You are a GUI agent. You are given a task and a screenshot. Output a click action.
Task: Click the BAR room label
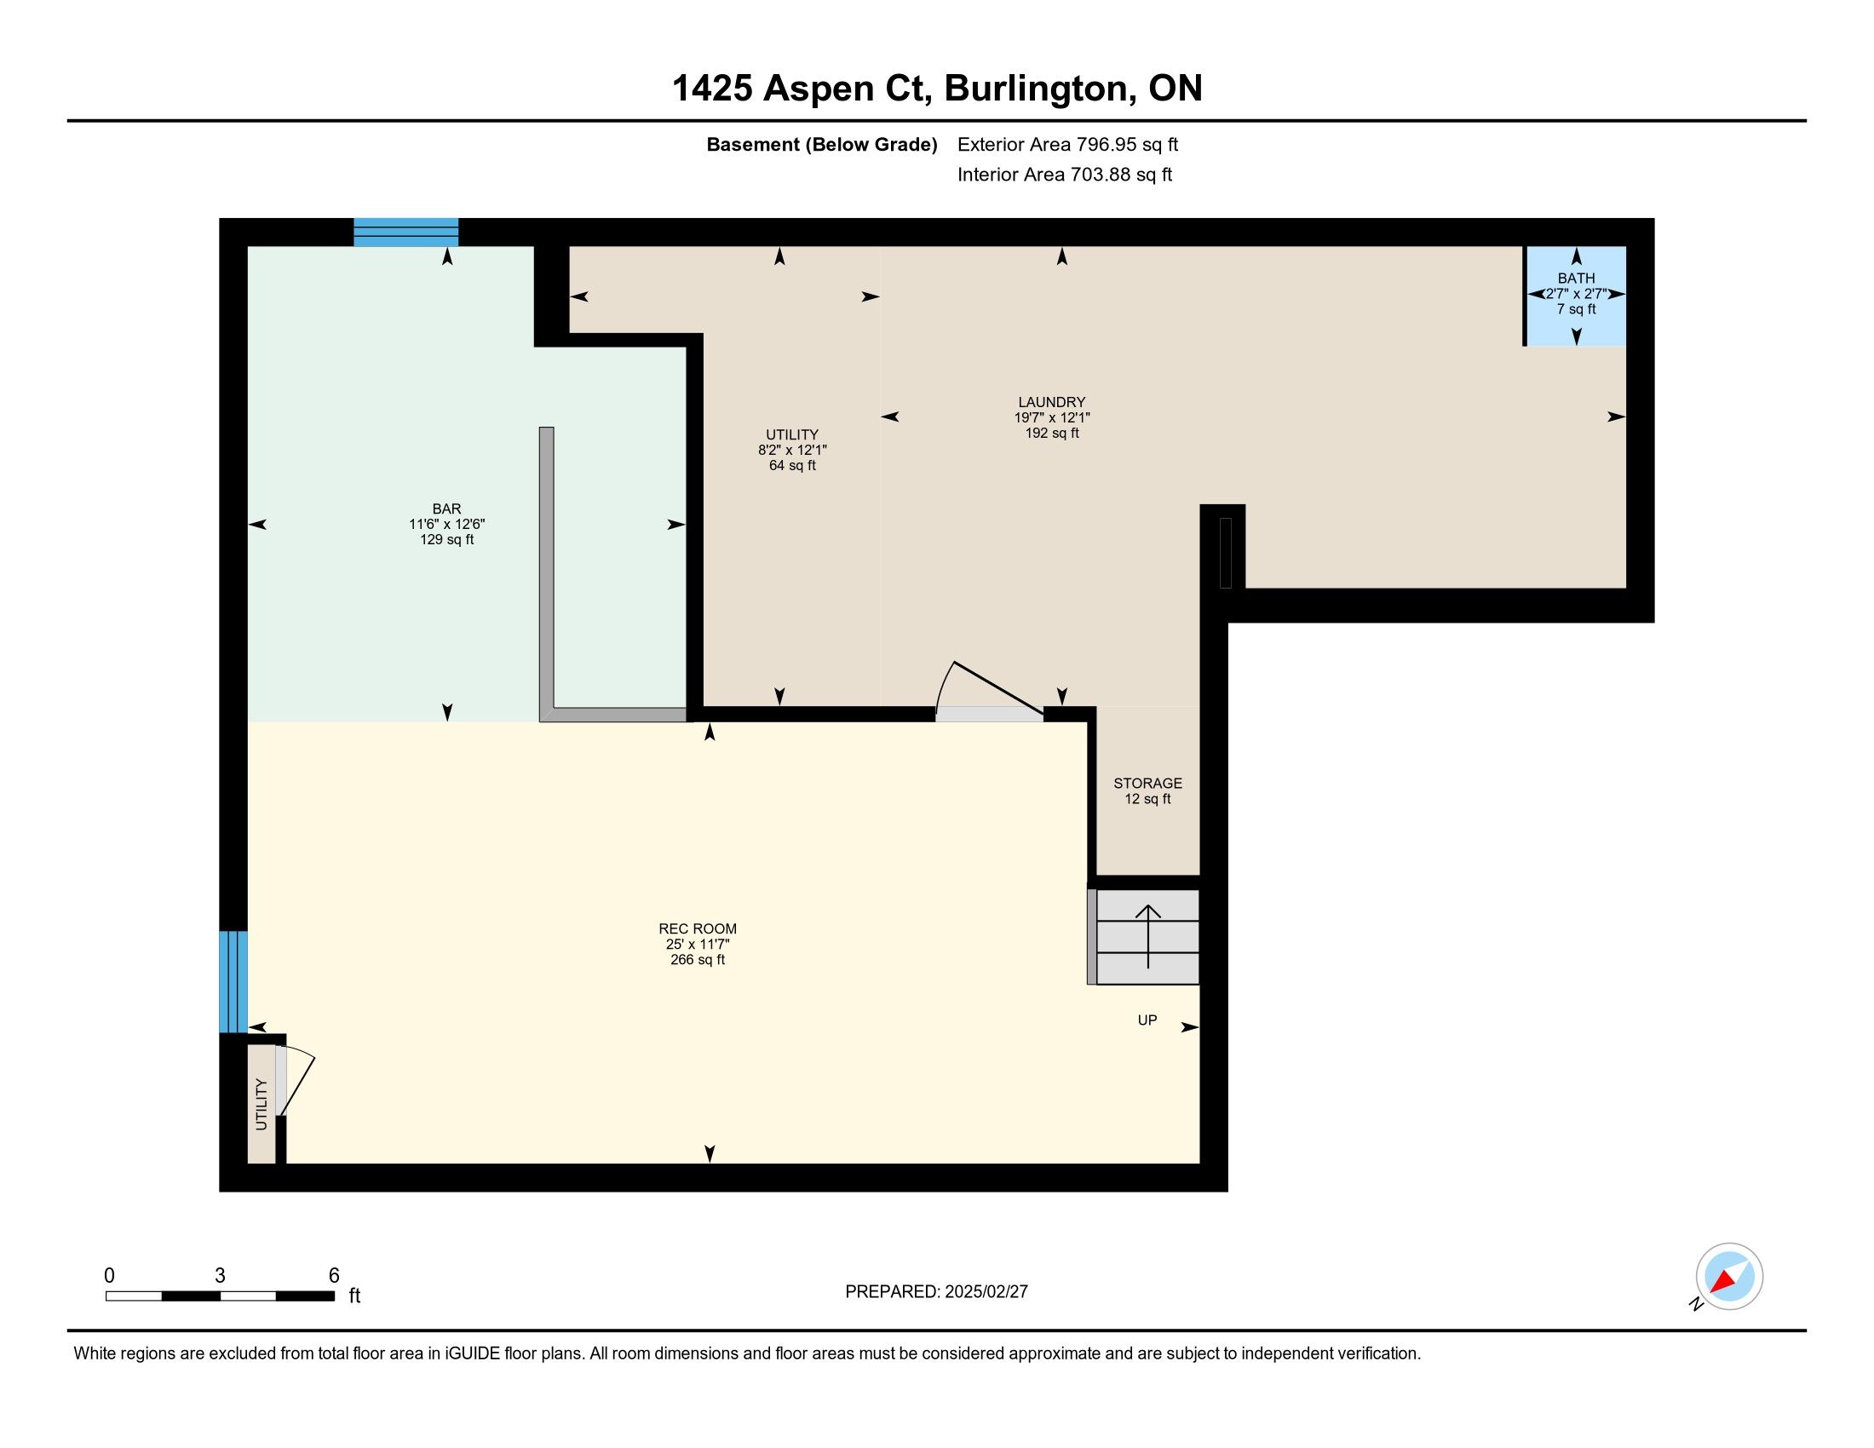tap(446, 509)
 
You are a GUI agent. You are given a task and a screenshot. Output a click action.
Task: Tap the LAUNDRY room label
tap(1051, 401)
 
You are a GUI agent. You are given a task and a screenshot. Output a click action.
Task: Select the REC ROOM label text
tap(698, 928)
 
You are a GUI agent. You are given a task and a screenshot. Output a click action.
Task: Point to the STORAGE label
tap(1147, 783)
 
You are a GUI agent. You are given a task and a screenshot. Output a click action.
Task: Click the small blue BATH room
tap(1575, 296)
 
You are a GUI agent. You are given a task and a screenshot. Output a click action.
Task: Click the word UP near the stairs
tap(1147, 1020)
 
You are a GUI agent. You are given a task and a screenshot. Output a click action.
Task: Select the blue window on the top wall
tap(405, 233)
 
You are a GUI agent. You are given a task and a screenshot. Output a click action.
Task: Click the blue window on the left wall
tap(233, 982)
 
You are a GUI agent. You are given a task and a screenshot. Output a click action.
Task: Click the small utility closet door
tap(295, 1081)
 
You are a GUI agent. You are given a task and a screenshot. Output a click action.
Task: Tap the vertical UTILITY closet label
tap(262, 1104)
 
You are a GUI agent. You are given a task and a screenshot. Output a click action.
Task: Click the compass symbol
tap(1728, 1276)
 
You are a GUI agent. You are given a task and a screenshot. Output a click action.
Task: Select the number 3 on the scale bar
tap(220, 1276)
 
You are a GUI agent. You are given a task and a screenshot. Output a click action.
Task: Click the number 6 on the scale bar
tap(334, 1276)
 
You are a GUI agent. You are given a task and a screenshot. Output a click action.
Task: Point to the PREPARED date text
tap(936, 1292)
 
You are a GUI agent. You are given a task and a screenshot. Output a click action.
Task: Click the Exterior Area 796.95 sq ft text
tap(1067, 145)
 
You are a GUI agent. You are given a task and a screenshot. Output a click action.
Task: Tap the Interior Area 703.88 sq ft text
tap(1064, 175)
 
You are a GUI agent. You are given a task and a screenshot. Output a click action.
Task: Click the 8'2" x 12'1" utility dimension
tap(792, 451)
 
